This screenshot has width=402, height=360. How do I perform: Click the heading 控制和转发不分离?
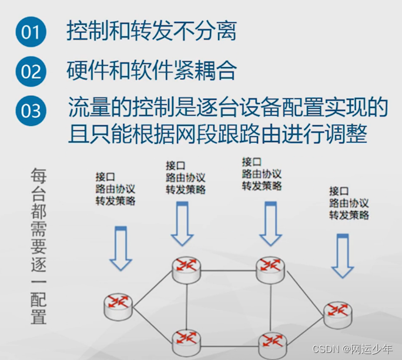152,32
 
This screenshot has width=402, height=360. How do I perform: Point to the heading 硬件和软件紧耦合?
152,70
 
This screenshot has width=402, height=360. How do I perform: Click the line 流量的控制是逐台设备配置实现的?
228,109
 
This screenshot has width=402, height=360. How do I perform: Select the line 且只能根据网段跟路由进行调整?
217,134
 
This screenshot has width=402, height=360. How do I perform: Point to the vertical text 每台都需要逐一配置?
39,247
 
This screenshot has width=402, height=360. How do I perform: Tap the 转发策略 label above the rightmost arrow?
349,215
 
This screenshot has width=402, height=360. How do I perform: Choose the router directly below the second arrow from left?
187,268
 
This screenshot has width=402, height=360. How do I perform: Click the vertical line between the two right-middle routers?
272,305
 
